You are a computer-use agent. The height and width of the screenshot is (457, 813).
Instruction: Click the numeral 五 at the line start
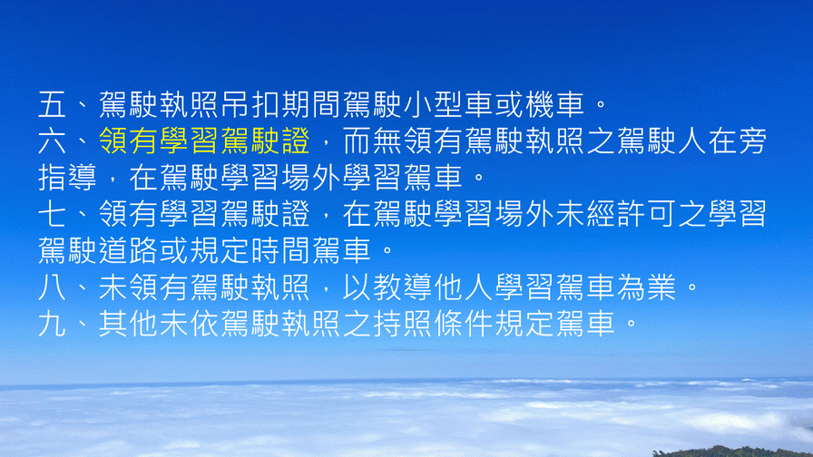pyautogui.click(x=53, y=104)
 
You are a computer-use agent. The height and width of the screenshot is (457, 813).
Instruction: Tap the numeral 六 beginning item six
pyautogui.click(x=53, y=141)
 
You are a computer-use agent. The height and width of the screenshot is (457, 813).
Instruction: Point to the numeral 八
pyautogui.click(x=53, y=287)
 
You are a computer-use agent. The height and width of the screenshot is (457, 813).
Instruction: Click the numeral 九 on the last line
pyautogui.click(x=53, y=324)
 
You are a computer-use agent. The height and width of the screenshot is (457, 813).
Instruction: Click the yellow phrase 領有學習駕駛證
pyautogui.click(x=205, y=141)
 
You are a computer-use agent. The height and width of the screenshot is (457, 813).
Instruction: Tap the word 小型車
pyautogui.click(x=448, y=104)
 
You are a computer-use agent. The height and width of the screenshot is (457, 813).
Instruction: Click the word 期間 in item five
pyautogui.click(x=311, y=104)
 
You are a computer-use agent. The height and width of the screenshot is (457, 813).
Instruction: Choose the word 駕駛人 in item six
pyautogui.click(x=661, y=141)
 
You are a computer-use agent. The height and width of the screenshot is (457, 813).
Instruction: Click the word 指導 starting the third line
pyautogui.click(x=68, y=177)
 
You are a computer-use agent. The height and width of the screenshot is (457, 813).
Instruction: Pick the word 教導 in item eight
pyautogui.click(x=403, y=287)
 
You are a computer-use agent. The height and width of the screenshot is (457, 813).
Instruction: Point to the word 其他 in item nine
pyautogui.click(x=129, y=324)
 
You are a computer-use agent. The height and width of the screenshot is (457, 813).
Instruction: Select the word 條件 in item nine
pyautogui.click(x=464, y=324)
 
